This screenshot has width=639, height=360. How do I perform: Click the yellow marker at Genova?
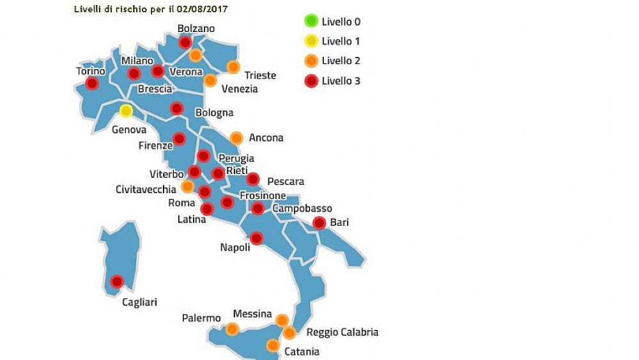(126, 111)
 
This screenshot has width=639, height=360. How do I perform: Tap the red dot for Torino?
(92, 83)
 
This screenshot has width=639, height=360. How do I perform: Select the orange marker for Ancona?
(236, 137)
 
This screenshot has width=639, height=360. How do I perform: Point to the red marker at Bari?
(319, 223)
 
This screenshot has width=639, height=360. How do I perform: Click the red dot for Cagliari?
(117, 281)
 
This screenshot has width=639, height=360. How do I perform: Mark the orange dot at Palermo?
(231, 329)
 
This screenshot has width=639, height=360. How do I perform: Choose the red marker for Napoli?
(256, 238)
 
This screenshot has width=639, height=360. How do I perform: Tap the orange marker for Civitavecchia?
(188, 186)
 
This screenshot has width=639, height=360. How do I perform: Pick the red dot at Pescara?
(253, 179)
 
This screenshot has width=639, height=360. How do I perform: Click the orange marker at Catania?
(273, 345)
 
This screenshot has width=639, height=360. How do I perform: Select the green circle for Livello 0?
(311, 21)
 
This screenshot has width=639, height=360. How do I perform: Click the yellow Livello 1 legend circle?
(311, 41)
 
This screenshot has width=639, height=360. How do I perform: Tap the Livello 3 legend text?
(341, 81)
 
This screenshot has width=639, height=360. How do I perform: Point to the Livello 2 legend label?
(341, 61)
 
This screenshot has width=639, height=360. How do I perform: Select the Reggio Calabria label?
(342, 332)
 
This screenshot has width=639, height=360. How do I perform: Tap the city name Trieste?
(260, 75)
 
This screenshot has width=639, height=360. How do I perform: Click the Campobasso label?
(302, 208)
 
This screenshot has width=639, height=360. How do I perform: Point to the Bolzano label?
(196, 28)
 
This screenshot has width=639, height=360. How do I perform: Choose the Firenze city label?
(155, 145)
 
